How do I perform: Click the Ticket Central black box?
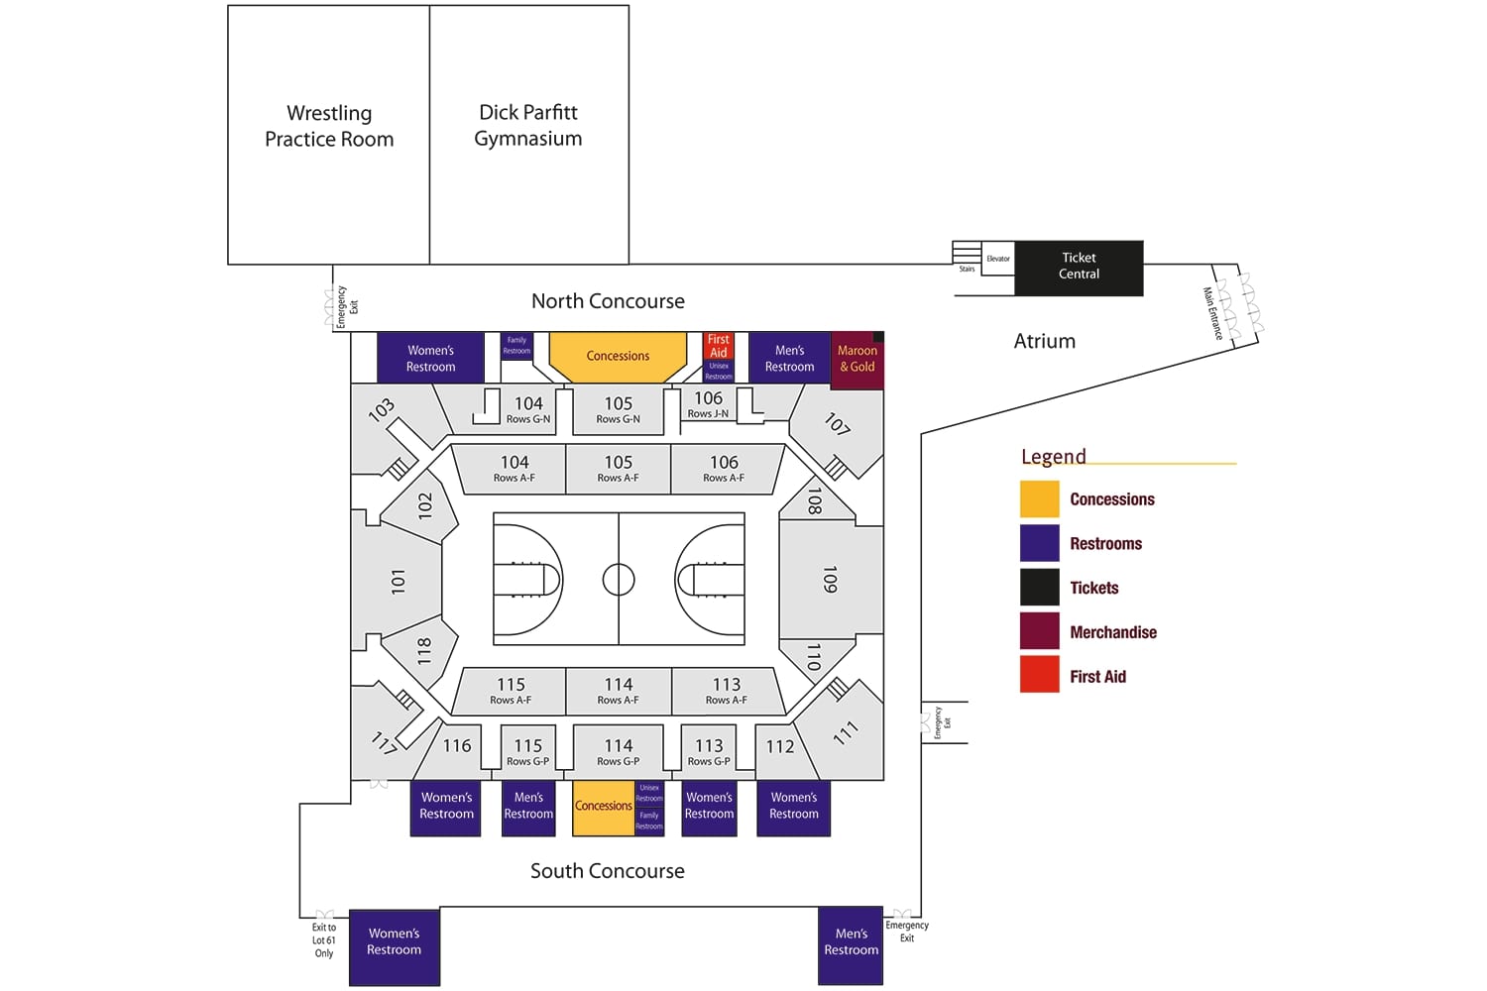[1079, 267]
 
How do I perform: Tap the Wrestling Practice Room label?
[329, 126]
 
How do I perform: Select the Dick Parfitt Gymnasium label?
[528, 125]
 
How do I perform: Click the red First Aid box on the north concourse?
[719, 346]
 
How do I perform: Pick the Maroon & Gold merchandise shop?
[857, 359]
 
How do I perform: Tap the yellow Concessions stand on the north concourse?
[618, 356]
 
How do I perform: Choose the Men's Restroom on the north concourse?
[789, 358]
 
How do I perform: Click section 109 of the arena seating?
[830, 580]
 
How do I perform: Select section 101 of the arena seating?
[398, 581]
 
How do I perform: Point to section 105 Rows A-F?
[618, 468]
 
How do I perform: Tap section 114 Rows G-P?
[618, 750]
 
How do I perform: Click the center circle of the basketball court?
[619, 579]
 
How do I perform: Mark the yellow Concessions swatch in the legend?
[1039, 499]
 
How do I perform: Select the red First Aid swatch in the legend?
[1039, 676]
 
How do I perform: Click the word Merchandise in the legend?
[1113, 632]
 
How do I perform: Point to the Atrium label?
[1044, 341]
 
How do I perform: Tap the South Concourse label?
[607, 871]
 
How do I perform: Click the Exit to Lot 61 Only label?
[324, 940]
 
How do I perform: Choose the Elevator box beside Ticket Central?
[997, 259]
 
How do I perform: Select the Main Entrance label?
[1211, 313]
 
